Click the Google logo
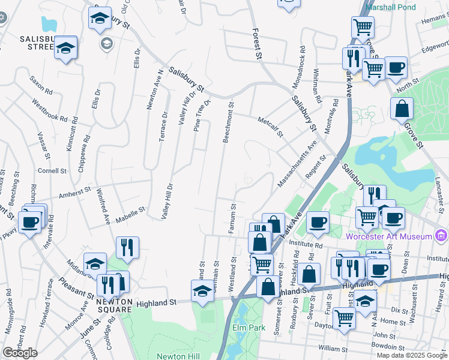[20, 353]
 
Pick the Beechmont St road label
[228, 122]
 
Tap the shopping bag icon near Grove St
[402, 110]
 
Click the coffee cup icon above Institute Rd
[318, 222]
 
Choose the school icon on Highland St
[202, 292]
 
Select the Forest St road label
[258, 44]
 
